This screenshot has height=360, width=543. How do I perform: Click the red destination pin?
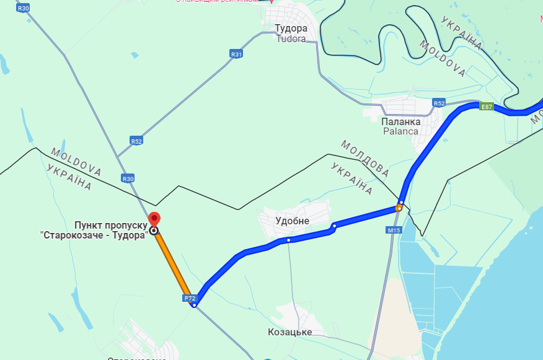pos(154,219)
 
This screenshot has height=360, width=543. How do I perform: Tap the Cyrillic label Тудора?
pos(291,29)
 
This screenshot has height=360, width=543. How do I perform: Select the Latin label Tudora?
pos(291,38)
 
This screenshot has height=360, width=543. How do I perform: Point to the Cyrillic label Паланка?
pos(400,121)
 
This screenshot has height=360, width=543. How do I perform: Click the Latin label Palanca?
pos(400,131)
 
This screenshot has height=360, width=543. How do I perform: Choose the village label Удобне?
pos(292,221)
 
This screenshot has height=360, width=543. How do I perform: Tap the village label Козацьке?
pos(289,332)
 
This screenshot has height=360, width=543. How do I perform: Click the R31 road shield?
pos(236,55)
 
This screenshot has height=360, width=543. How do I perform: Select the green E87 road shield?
pos(487,107)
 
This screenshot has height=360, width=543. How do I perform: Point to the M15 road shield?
pos(393,230)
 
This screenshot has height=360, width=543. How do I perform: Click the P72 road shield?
pos(190,298)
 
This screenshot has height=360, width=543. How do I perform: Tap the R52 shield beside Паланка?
pos(439,103)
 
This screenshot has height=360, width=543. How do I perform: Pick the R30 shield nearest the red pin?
pos(128,178)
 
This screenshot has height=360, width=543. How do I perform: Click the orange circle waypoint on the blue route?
pos(399,208)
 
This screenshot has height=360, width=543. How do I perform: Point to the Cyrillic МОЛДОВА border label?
pos(364,159)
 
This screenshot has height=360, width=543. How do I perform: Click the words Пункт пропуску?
pos(111,224)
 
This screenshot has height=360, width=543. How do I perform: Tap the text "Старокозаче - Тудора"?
pos(94,235)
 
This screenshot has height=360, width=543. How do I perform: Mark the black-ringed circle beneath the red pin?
pos(154,231)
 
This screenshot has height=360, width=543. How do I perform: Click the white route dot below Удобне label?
pos(288,240)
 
